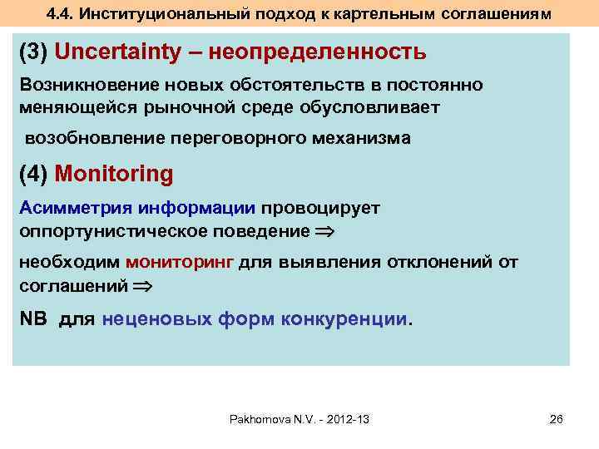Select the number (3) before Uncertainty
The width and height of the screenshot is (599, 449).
pos(35,52)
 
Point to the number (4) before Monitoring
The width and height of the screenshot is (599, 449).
pos(35,174)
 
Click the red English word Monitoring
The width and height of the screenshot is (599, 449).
pos(114,174)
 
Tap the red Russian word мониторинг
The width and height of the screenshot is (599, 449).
pos(180,263)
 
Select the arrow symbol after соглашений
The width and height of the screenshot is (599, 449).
pos(143,285)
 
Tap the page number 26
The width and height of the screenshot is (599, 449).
pos(557,419)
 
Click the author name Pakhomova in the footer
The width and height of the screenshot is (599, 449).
pos(260,419)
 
